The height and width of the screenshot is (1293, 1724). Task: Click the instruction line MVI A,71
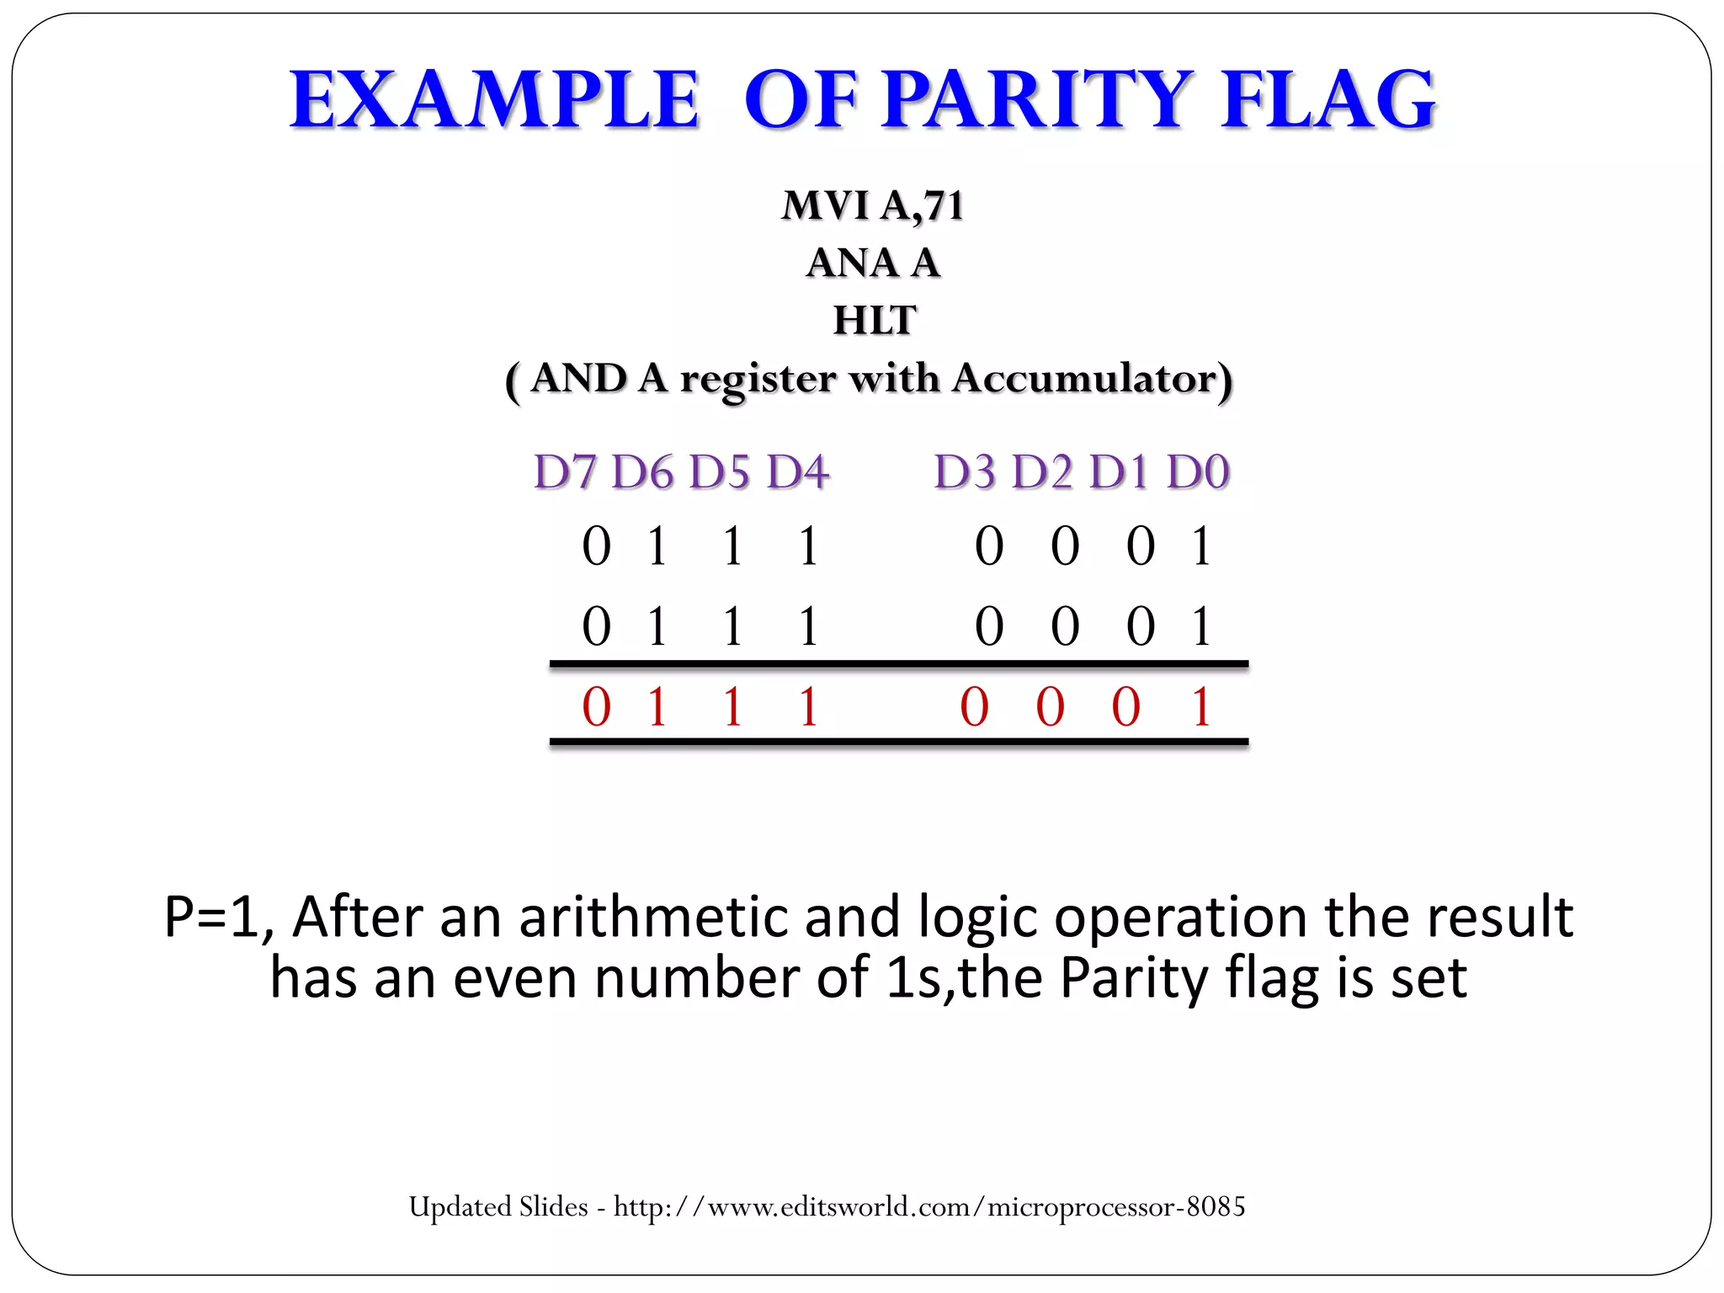pyautogui.click(x=873, y=205)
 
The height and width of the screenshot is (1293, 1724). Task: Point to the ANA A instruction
pyautogui.click(x=873, y=263)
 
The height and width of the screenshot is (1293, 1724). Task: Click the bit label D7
pyautogui.click(x=565, y=471)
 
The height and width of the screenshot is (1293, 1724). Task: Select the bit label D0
pyautogui.click(x=1198, y=471)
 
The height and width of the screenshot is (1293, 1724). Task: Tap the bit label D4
pyautogui.click(x=797, y=471)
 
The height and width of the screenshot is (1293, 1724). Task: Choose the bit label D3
pyautogui.click(x=966, y=471)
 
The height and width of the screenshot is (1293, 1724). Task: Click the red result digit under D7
pyautogui.click(x=596, y=706)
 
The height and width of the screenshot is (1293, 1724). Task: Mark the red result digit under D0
pyautogui.click(x=1201, y=706)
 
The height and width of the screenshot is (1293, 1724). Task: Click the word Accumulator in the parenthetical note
pyautogui.click(x=1086, y=379)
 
